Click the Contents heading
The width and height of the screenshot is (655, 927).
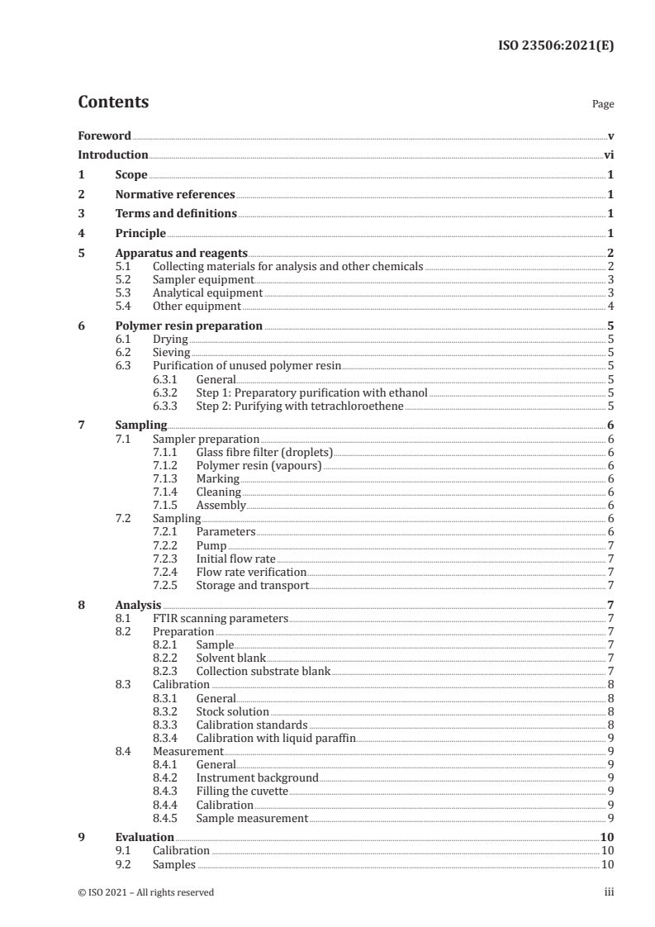[x=113, y=102]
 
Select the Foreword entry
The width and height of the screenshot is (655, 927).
[x=104, y=135]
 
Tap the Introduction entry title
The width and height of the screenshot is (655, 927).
[x=113, y=154]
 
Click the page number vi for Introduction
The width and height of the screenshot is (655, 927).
[x=609, y=154]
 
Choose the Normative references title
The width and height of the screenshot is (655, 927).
[x=175, y=195]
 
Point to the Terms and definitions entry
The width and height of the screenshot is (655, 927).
[x=176, y=214]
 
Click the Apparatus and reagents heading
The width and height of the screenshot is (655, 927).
[x=182, y=254]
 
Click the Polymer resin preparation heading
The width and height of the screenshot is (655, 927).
[x=189, y=326]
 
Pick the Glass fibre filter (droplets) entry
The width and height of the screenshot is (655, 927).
[x=264, y=452]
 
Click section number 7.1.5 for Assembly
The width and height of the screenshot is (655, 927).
[x=168, y=505]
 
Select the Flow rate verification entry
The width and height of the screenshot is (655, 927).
[x=251, y=572]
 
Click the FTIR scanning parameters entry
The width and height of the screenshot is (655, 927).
[x=221, y=618]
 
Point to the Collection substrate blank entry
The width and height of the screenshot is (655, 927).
[x=263, y=671]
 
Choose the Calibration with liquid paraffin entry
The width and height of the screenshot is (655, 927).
[x=276, y=738]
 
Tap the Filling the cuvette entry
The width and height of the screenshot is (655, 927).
[x=243, y=791]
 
